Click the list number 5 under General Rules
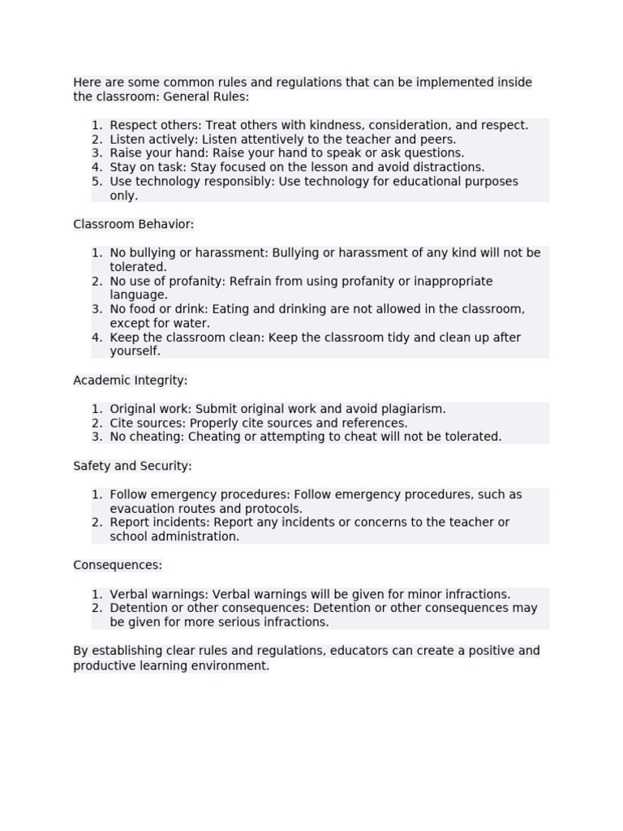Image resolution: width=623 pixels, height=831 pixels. [x=97, y=182]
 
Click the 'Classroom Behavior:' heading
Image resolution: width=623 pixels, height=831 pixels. [x=134, y=224]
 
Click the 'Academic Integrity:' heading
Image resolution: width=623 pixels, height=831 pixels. [x=131, y=380]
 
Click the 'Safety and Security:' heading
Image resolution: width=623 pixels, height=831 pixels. [x=132, y=466]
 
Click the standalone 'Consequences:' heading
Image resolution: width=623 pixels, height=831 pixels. [x=118, y=565]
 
